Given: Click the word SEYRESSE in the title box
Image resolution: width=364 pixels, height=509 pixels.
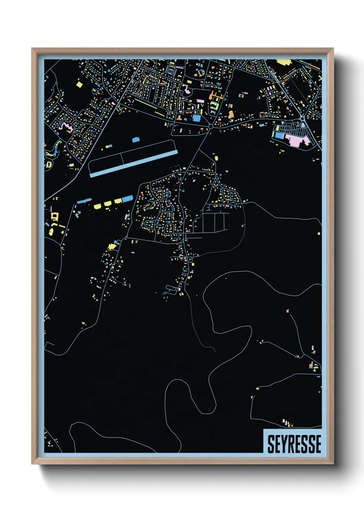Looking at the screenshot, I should pyautogui.click(x=294, y=444).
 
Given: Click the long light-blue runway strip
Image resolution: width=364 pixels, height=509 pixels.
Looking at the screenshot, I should pyautogui.click(x=133, y=164).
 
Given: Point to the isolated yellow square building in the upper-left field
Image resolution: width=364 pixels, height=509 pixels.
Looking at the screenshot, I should pyautogui.click(x=79, y=84).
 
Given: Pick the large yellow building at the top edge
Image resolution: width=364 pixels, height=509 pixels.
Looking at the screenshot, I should pyautogui.click(x=284, y=62).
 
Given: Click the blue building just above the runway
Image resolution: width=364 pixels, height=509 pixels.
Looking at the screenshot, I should pyautogui.click(x=136, y=140).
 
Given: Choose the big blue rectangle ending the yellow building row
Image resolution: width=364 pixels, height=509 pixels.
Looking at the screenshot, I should pyautogui.click(x=127, y=199).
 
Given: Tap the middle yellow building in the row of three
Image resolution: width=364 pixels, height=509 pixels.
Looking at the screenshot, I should pyautogui.click(x=108, y=203).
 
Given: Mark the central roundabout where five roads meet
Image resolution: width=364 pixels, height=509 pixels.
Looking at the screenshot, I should pyautogui.click(x=211, y=127).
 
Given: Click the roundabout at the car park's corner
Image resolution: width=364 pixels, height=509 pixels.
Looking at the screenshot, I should pyautogui.click(x=302, y=119).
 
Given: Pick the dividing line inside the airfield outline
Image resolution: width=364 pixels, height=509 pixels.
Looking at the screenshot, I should pyautogui.click(x=122, y=159).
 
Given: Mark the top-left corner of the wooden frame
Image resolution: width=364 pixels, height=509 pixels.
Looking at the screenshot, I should pyautogui.click(x=32, y=49).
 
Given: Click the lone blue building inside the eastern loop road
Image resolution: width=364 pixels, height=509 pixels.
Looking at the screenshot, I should pyautogui.click(x=243, y=226).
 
